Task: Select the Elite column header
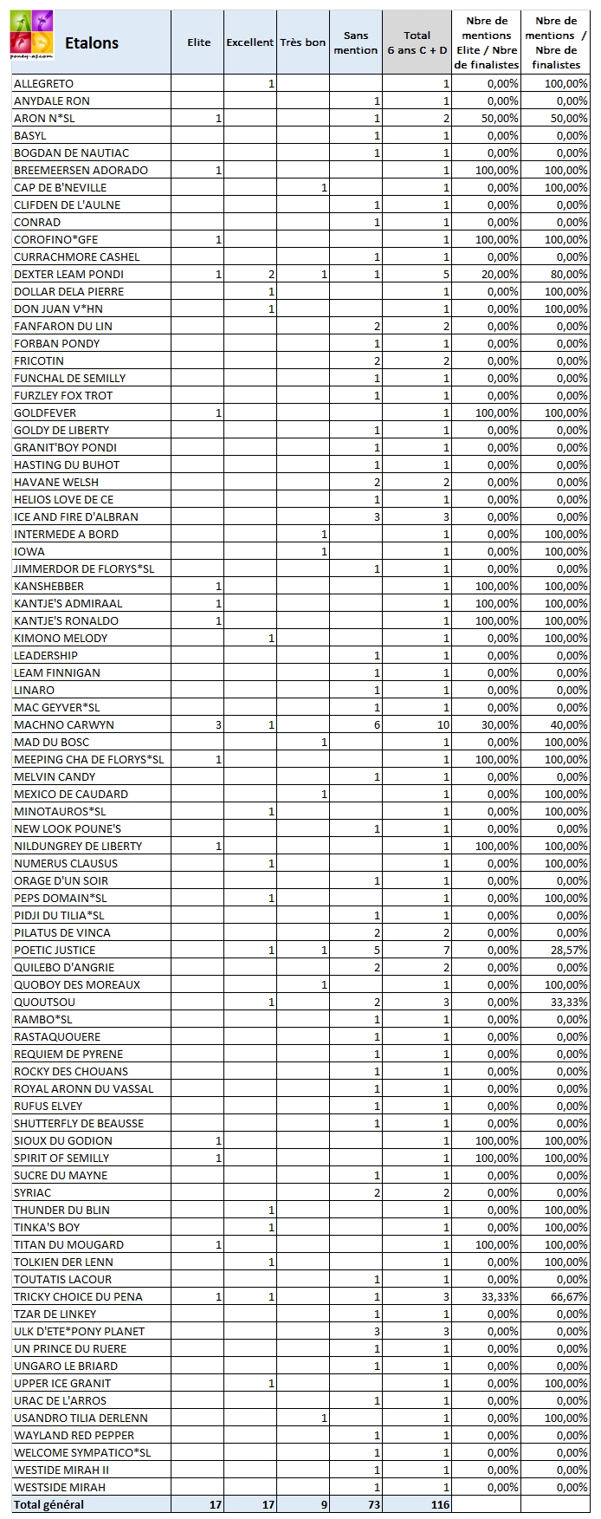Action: coord(198,42)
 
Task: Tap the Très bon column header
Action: coord(303,42)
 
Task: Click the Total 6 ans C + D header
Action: coord(417,42)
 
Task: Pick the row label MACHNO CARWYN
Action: coord(64,724)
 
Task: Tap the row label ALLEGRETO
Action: coord(43,83)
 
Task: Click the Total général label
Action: coord(48,1504)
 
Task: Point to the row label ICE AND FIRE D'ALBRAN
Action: coord(76,516)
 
